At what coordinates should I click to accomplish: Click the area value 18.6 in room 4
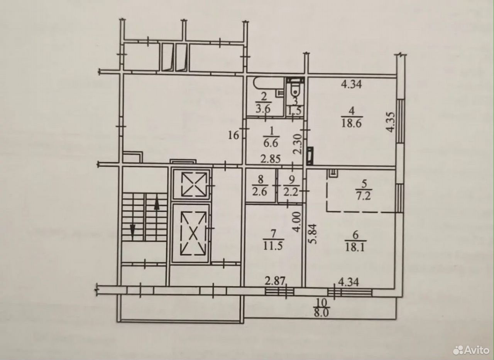click(x=352, y=123)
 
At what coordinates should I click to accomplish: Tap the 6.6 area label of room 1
click(x=271, y=144)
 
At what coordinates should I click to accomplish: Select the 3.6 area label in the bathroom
click(x=263, y=109)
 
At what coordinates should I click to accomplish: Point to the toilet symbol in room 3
click(x=295, y=88)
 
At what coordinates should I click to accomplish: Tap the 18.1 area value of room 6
click(x=355, y=247)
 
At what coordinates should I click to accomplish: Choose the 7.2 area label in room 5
click(x=364, y=196)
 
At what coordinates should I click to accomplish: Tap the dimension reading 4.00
click(x=297, y=222)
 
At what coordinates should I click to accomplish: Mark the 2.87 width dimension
click(x=275, y=282)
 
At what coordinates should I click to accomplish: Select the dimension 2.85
click(x=271, y=159)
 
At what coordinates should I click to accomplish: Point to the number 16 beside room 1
click(x=233, y=135)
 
